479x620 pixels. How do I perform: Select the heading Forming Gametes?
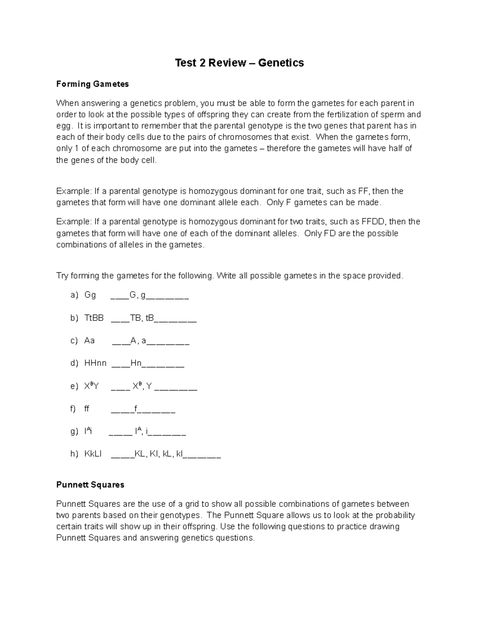tap(92, 84)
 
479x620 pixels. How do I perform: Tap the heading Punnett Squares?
tap(90, 485)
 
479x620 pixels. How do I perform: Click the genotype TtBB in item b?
tap(94, 318)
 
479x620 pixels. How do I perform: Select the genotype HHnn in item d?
tap(95, 363)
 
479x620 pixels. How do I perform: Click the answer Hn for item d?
tap(136, 363)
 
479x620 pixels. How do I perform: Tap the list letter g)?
tap(74, 432)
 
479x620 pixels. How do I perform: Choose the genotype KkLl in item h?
tap(93, 454)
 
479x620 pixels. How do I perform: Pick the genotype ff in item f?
tap(87, 409)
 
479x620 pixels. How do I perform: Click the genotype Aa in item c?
tap(89, 341)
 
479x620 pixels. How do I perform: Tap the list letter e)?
tap(74, 386)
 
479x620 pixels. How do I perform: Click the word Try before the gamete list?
tap(62, 276)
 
